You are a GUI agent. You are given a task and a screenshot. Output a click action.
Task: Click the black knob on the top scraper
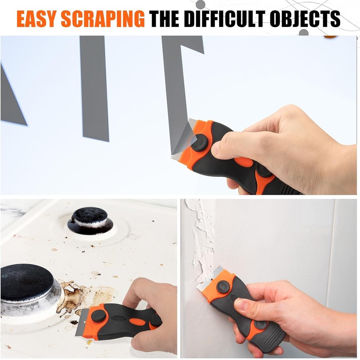click(x=199, y=143)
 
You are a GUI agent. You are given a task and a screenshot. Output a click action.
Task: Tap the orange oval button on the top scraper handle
click(x=244, y=162)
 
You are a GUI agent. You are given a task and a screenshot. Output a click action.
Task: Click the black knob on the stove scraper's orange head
click(x=98, y=316)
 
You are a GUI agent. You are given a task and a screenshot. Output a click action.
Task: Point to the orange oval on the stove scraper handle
click(x=137, y=321)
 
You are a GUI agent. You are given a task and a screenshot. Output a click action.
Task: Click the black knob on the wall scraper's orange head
click(x=223, y=287)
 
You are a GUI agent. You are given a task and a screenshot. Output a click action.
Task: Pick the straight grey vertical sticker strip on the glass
click(x=94, y=88)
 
